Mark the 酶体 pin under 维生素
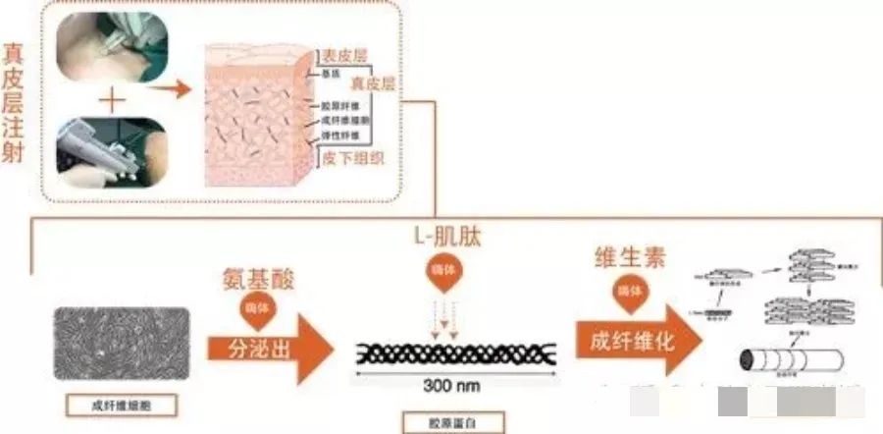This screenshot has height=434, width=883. [622, 294]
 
